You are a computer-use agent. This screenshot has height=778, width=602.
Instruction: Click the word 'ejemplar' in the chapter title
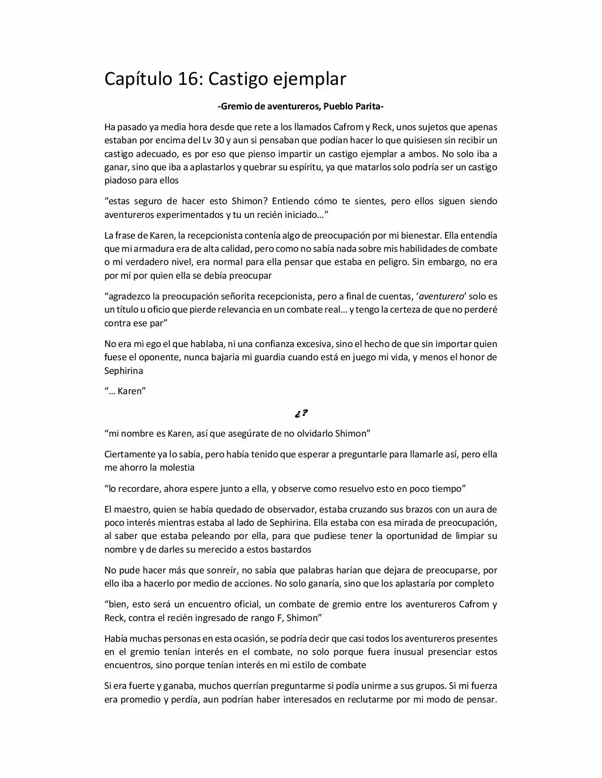tap(310, 79)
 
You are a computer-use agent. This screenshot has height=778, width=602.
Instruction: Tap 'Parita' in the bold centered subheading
tap(366, 107)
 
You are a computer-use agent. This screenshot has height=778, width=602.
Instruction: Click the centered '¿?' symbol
tap(301, 414)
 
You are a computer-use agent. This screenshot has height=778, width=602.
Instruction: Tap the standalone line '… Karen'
tap(125, 391)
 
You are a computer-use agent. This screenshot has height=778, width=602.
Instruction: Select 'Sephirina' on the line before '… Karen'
tap(124, 371)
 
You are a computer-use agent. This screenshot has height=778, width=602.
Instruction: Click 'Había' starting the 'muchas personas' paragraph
tap(116, 639)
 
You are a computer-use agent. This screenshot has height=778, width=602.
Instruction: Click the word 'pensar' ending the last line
tap(483, 699)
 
